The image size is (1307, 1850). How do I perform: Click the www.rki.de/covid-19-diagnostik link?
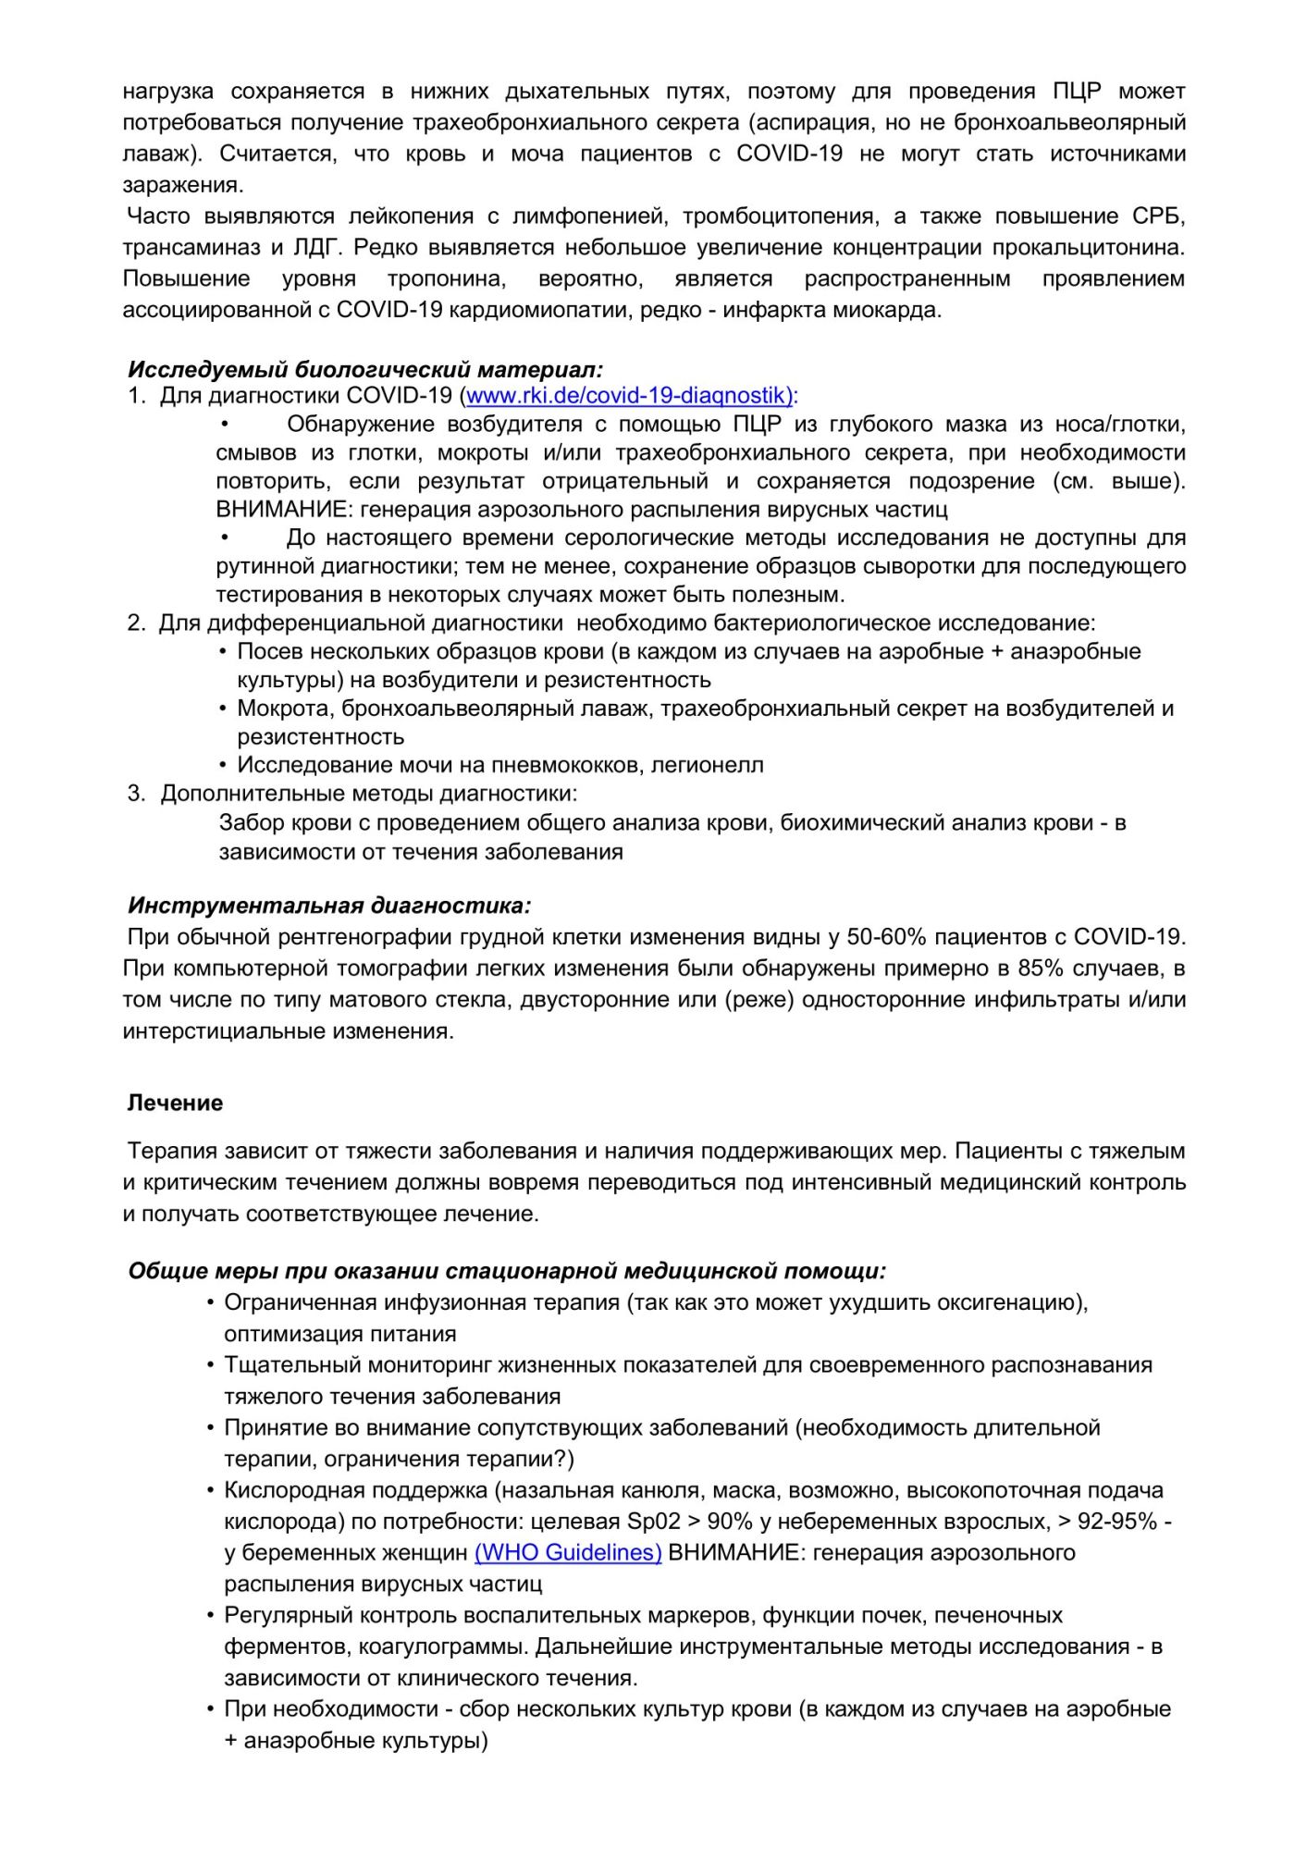[x=631, y=396]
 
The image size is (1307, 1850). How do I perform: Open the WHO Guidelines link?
[x=568, y=1552]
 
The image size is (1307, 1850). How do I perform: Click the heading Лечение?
[x=175, y=1103]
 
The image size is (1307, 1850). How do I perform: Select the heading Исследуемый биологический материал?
[x=365, y=370]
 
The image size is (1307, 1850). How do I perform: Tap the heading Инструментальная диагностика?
[x=329, y=905]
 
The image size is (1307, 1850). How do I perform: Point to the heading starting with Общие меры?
[x=507, y=1271]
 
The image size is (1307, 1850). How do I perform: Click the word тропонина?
[x=446, y=279]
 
